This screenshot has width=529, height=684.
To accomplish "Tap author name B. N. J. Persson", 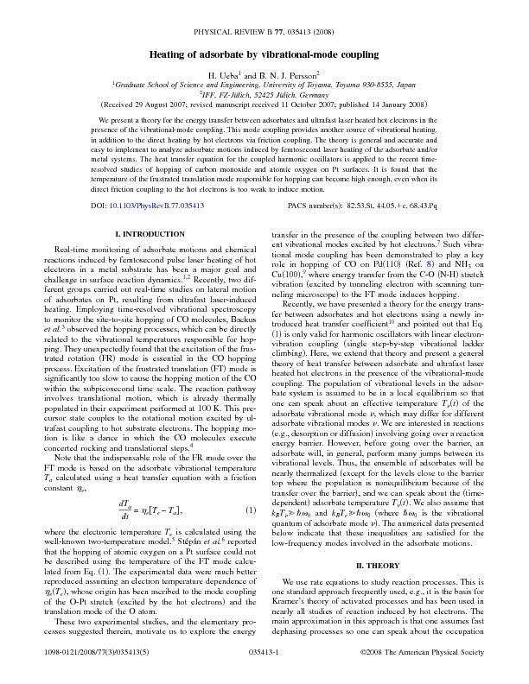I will [x=289, y=75].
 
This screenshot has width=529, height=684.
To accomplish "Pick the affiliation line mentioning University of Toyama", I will [x=264, y=86].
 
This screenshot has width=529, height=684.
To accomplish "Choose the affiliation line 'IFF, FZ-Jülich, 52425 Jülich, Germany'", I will [x=264, y=96].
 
